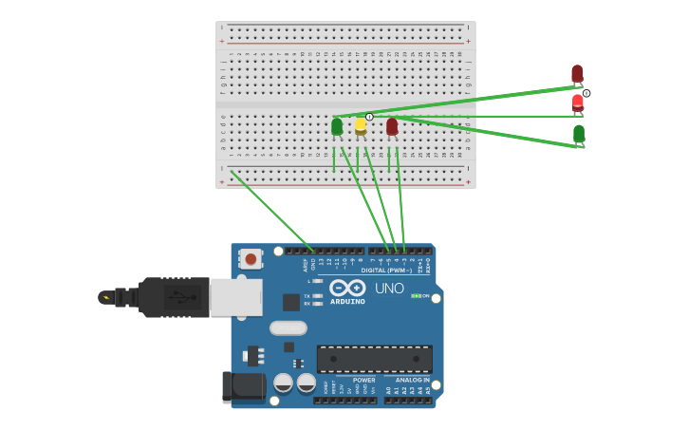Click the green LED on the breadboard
(337, 126)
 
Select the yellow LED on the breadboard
(361, 125)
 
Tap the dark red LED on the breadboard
(392, 126)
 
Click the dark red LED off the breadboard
(577, 74)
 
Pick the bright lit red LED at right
(578, 103)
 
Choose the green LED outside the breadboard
(579, 134)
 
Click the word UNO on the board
(389, 289)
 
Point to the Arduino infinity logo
(347, 288)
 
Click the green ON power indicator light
(415, 296)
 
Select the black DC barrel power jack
(243, 386)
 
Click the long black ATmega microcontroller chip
(375, 359)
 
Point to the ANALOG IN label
(413, 380)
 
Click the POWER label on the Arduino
(363, 380)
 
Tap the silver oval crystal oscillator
(288, 328)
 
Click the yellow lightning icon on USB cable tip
(106, 297)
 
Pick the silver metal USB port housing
(235, 297)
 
